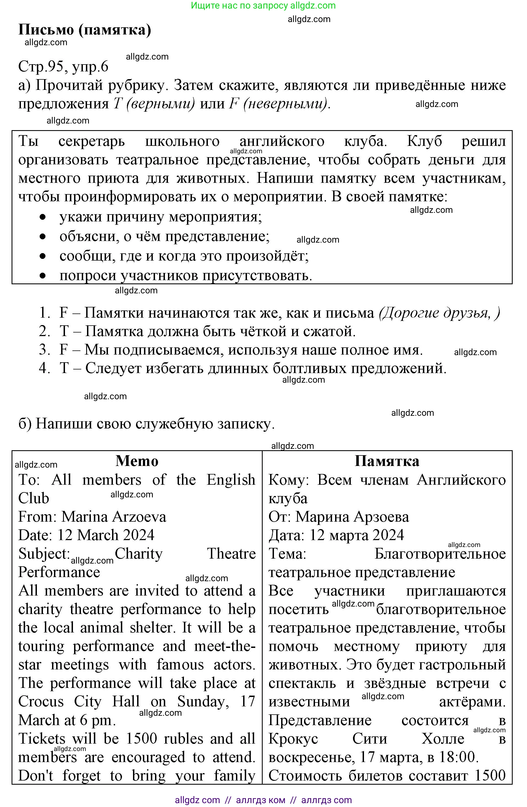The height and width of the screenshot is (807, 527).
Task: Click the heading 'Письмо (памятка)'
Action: (x=85, y=30)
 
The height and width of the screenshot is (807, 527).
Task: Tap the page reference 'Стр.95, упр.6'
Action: (x=63, y=66)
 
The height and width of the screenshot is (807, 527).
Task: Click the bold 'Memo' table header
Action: (x=137, y=461)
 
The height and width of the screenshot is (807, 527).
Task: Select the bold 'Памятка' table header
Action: (x=387, y=461)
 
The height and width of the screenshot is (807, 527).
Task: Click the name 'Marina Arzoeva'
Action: (x=114, y=517)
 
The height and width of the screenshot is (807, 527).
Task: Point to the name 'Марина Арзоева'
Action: (x=352, y=517)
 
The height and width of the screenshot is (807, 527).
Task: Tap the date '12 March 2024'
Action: (x=106, y=535)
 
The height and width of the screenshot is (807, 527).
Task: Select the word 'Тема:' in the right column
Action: (x=287, y=554)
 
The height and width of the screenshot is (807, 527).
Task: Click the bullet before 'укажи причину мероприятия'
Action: (x=42, y=217)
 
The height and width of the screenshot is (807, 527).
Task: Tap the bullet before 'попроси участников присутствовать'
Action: (x=42, y=276)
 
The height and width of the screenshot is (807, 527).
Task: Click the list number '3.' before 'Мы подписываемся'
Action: (x=44, y=350)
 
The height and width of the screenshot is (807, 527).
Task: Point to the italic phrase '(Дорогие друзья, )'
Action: (x=439, y=313)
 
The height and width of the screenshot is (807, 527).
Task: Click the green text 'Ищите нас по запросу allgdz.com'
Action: (x=263, y=6)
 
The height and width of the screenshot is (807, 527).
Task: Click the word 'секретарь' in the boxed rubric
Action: (x=91, y=141)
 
